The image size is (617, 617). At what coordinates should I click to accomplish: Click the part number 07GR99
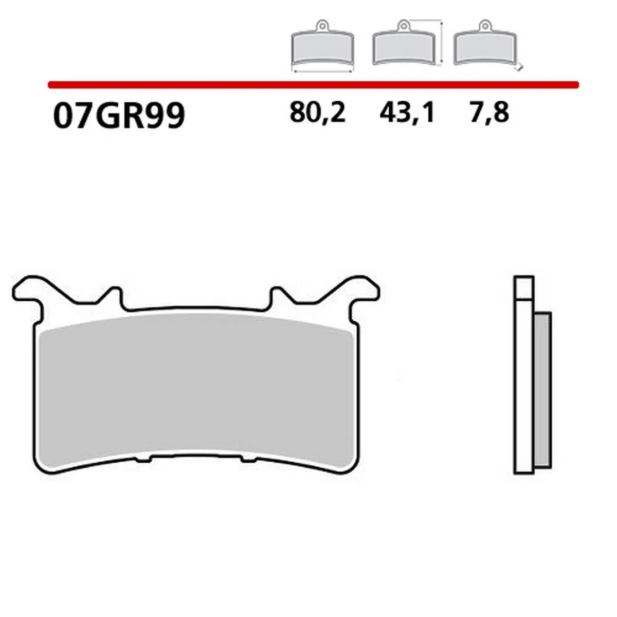(118, 116)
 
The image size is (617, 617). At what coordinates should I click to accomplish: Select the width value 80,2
(317, 112)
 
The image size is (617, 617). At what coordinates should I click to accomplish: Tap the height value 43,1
(407, 112)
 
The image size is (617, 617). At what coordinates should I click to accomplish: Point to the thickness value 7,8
(489, 112)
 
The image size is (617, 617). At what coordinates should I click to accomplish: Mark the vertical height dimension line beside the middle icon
(441, 43)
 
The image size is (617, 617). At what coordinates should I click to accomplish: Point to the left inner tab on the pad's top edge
(116, 298)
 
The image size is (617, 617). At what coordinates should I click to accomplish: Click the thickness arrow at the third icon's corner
(520, 67)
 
